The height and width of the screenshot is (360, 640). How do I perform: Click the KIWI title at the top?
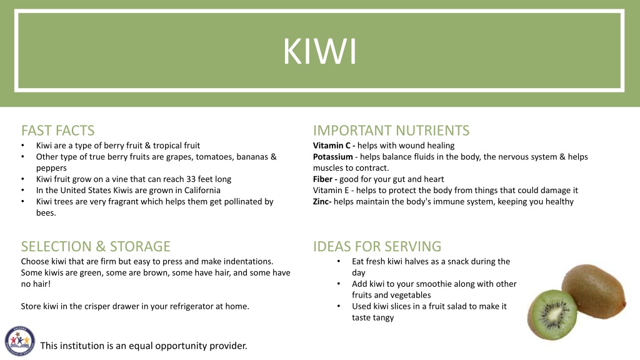[x=319, y=51]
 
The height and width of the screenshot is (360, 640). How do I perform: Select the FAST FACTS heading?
[x=58, y=131]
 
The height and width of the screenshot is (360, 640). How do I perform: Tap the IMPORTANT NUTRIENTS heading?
[x=391, y=131]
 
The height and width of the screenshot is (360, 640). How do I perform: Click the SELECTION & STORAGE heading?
[x=96, y=246]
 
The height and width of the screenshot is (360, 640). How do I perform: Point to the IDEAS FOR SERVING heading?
[x=377, y=246]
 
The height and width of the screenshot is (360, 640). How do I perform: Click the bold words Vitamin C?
[x=331, y=145]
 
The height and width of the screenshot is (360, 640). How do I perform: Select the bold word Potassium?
[x=332, y=157]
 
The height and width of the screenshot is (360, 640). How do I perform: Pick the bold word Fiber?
[x=322, y=179]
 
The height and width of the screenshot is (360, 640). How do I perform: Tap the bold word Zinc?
[x=322, y=202]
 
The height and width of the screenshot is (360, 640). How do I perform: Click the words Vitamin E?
[x=331, y=190]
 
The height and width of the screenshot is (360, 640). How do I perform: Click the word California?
[x=202, y=190]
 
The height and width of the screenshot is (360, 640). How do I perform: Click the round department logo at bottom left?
[x=19, y=341]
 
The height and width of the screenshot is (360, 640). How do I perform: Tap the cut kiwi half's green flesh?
[x=552, y=315]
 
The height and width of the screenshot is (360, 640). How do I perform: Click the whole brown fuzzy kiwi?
[x=594, y=290]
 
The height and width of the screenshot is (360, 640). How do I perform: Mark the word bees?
[x=46, y=212]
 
